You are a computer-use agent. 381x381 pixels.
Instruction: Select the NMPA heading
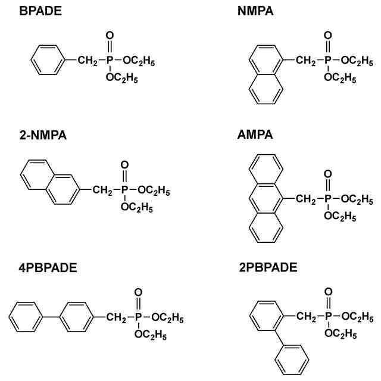(255, 10)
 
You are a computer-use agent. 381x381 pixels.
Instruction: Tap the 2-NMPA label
(42, 136)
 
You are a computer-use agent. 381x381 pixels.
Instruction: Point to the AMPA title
(255, 136)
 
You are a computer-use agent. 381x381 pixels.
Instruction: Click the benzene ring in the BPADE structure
(45, 61)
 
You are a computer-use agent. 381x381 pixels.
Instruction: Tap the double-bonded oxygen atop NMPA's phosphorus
(327, 36)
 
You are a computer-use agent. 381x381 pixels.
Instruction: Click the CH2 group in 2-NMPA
(101, 190)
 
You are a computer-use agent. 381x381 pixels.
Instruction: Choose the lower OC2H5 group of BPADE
(122, 77)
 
